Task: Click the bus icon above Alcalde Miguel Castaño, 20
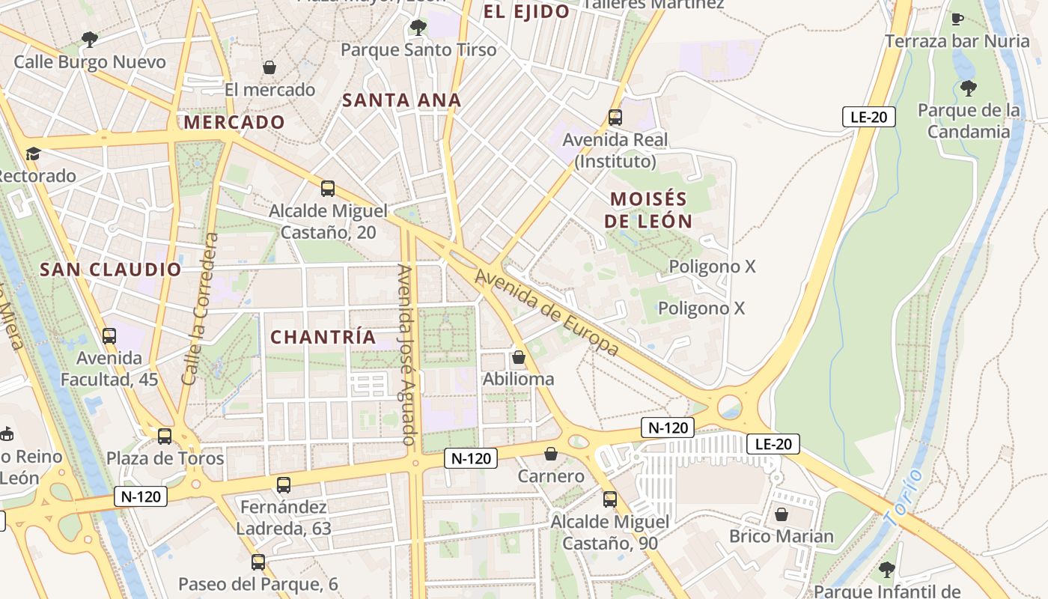point(328,188)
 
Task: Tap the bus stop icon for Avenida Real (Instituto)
point(615,118)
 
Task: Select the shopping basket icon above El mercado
point(269,67)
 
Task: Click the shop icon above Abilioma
point(518,357)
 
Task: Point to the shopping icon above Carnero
point(551,454)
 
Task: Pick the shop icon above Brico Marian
point(782,514)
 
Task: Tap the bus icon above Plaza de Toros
point(165,436)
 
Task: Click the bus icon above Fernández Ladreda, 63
point(284,484)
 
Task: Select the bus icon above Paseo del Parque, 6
point(258,562)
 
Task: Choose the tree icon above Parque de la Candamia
point(969,88)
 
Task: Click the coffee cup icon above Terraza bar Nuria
point(957,19)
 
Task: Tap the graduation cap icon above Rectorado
point(33,154)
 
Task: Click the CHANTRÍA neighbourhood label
point(323,338)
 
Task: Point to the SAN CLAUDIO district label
point(111,270)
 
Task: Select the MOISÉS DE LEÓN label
point(648,210)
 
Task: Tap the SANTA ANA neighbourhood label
point(401,100)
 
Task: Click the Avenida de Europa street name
point(547,312)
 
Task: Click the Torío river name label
point(904,497)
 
